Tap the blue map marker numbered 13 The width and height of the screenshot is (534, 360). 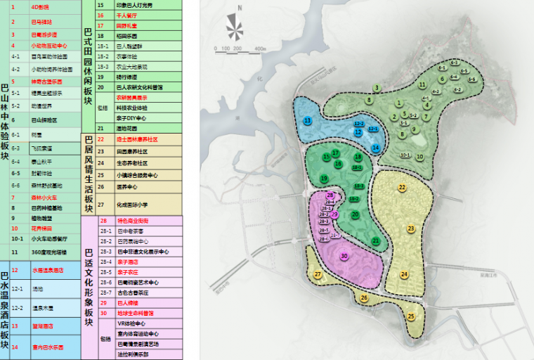click(308, 121)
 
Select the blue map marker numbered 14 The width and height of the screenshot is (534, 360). click(376, 148)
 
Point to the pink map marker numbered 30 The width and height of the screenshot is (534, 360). click(344, 256)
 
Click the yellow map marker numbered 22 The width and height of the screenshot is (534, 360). click(402, 187)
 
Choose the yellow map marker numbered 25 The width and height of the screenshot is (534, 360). click(410, 316)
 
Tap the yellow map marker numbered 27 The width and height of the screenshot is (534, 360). click(318, 274)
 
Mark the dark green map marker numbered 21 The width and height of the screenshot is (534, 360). click(376, 240)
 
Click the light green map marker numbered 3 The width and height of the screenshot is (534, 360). click(377, 88)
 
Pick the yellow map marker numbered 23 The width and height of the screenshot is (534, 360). click(410, 229)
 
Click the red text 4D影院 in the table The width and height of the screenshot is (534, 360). click(40, 6)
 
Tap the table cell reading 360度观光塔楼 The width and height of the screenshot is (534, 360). click(48, 251)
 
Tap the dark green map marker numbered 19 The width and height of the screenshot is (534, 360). click(324, 179)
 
